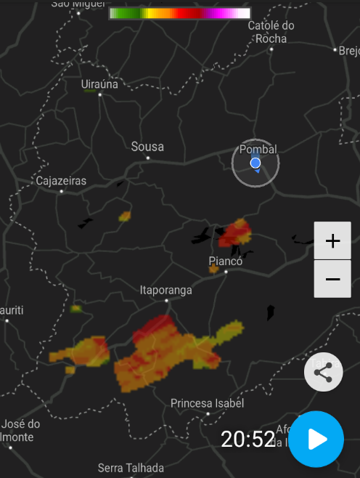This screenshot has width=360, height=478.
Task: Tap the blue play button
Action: coord(316,439)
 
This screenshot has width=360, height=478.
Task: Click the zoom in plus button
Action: coord(332,240)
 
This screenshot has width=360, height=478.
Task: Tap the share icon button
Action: coord(323,373)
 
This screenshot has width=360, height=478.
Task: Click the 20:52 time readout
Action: coord(248,439)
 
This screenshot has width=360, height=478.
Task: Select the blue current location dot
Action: coord(255,163)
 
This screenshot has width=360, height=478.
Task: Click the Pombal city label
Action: coord(258,149)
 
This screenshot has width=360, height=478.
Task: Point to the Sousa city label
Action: coord(147,147)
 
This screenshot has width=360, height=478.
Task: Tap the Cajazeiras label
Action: coord(61,180)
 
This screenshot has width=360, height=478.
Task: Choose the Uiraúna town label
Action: coord(99,84)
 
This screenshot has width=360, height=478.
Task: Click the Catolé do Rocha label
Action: coord(271,32)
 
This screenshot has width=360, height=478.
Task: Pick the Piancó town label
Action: coord(225,261)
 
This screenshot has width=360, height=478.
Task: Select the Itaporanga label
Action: coord(165,290)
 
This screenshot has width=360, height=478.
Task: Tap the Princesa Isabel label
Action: coord(207,402)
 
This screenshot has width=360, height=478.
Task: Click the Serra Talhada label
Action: coord(131,468)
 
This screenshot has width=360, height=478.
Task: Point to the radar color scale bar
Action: coord(179,13)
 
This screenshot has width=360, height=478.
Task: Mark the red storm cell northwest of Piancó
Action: coord(236,233)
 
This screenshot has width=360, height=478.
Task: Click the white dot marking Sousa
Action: coord(148,158)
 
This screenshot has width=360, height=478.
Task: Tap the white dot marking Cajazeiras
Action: coord(61,191)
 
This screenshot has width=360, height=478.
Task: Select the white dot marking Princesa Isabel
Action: coord(208,413)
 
